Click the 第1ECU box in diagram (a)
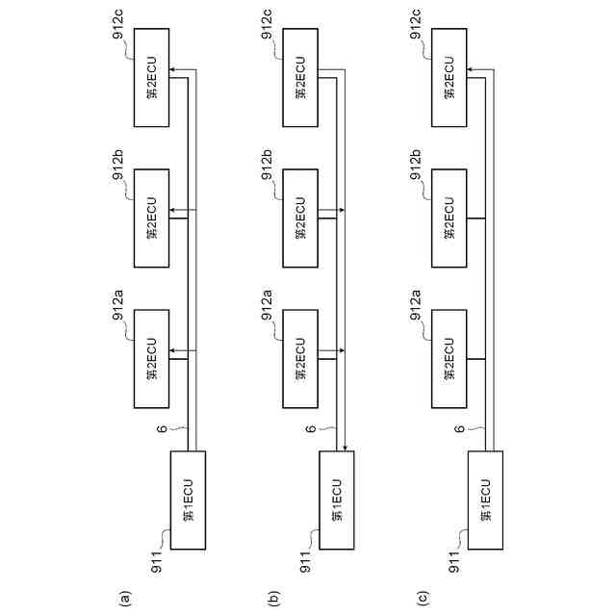pos(189,500)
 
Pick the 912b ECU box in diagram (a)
pos(152,218)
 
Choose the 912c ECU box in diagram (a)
pos(152,77)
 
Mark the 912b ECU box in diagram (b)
pos(299,218)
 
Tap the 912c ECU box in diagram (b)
pos(299,77)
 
